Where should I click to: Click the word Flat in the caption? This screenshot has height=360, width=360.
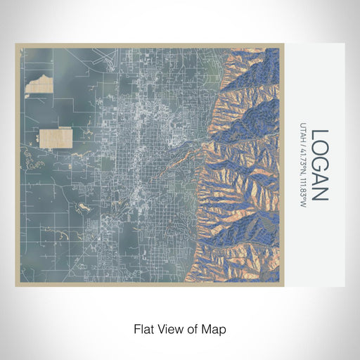click(143, 328)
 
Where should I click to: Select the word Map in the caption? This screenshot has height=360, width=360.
click(213, 328)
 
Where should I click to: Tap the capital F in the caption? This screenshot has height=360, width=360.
click(135, 328)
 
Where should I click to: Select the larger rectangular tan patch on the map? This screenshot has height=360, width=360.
click(56, 138)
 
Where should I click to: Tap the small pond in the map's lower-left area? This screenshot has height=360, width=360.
click(85, 207)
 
